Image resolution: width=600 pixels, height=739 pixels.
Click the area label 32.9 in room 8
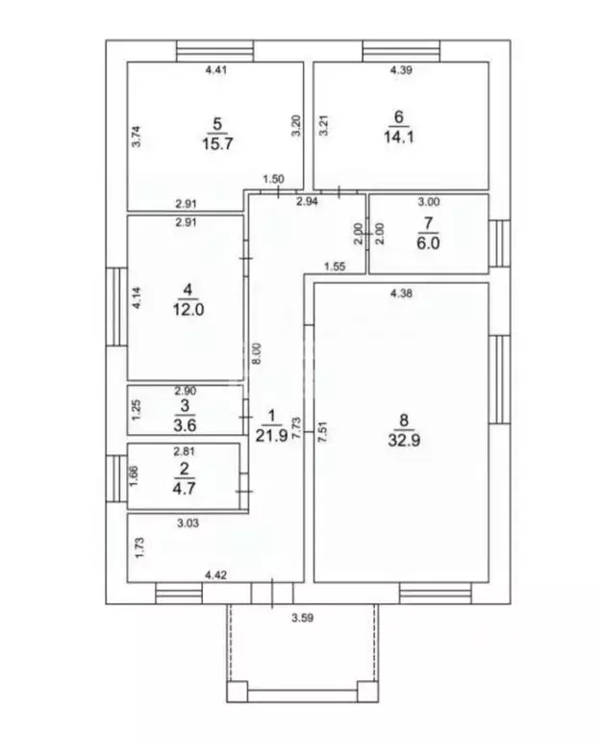(404, 440)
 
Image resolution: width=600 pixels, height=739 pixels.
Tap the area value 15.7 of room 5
(217, 143)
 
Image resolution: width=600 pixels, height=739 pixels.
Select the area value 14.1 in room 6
(399, 138)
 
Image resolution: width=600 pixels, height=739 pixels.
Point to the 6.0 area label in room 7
(428, 243)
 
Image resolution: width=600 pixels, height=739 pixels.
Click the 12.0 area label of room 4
(187, 310)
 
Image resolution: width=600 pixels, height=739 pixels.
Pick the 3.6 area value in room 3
(185, 425)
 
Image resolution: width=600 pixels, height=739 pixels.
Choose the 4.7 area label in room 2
(184, 488)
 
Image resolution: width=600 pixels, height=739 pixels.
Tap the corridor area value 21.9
(271, 436)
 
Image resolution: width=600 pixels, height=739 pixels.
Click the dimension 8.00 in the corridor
(257, 353)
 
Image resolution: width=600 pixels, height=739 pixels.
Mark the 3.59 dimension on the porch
(302, 618)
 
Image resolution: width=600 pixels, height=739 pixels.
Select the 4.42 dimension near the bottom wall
(215, 575)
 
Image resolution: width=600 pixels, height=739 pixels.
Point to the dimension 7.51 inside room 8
(322, 431)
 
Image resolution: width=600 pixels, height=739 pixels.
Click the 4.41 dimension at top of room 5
(216, 70)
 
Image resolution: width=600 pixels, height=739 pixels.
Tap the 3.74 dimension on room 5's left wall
(137, 137)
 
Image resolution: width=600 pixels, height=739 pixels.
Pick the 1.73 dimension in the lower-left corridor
(139, 548)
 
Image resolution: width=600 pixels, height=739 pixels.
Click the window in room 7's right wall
(499, 243)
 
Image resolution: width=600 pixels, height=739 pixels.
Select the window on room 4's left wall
(116, 307)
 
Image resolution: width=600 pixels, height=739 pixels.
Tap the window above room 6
(401, 51)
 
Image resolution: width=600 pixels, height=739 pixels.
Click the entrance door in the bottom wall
(272, 594)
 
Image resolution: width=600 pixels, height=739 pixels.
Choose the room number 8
(404, 420)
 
